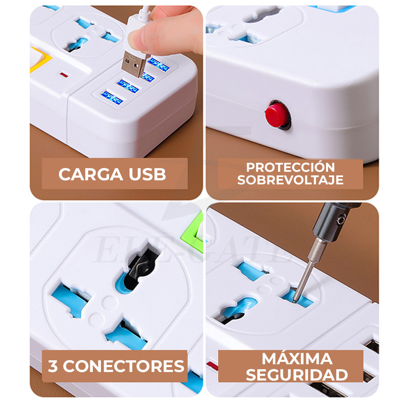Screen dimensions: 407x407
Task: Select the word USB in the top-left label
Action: point(147,174)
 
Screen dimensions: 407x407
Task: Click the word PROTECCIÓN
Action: point(290,167)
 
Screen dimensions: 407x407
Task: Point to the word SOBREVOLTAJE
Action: point(290,180)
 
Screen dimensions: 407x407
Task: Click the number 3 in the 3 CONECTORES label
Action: point(53,366)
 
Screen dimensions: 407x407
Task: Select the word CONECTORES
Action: point(123,366)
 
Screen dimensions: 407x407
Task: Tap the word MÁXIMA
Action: point(297,359)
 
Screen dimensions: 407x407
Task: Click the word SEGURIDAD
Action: point(297,375)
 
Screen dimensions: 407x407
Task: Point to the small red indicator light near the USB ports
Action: point(63,75)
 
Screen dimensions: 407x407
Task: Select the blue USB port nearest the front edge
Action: point(112,97)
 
